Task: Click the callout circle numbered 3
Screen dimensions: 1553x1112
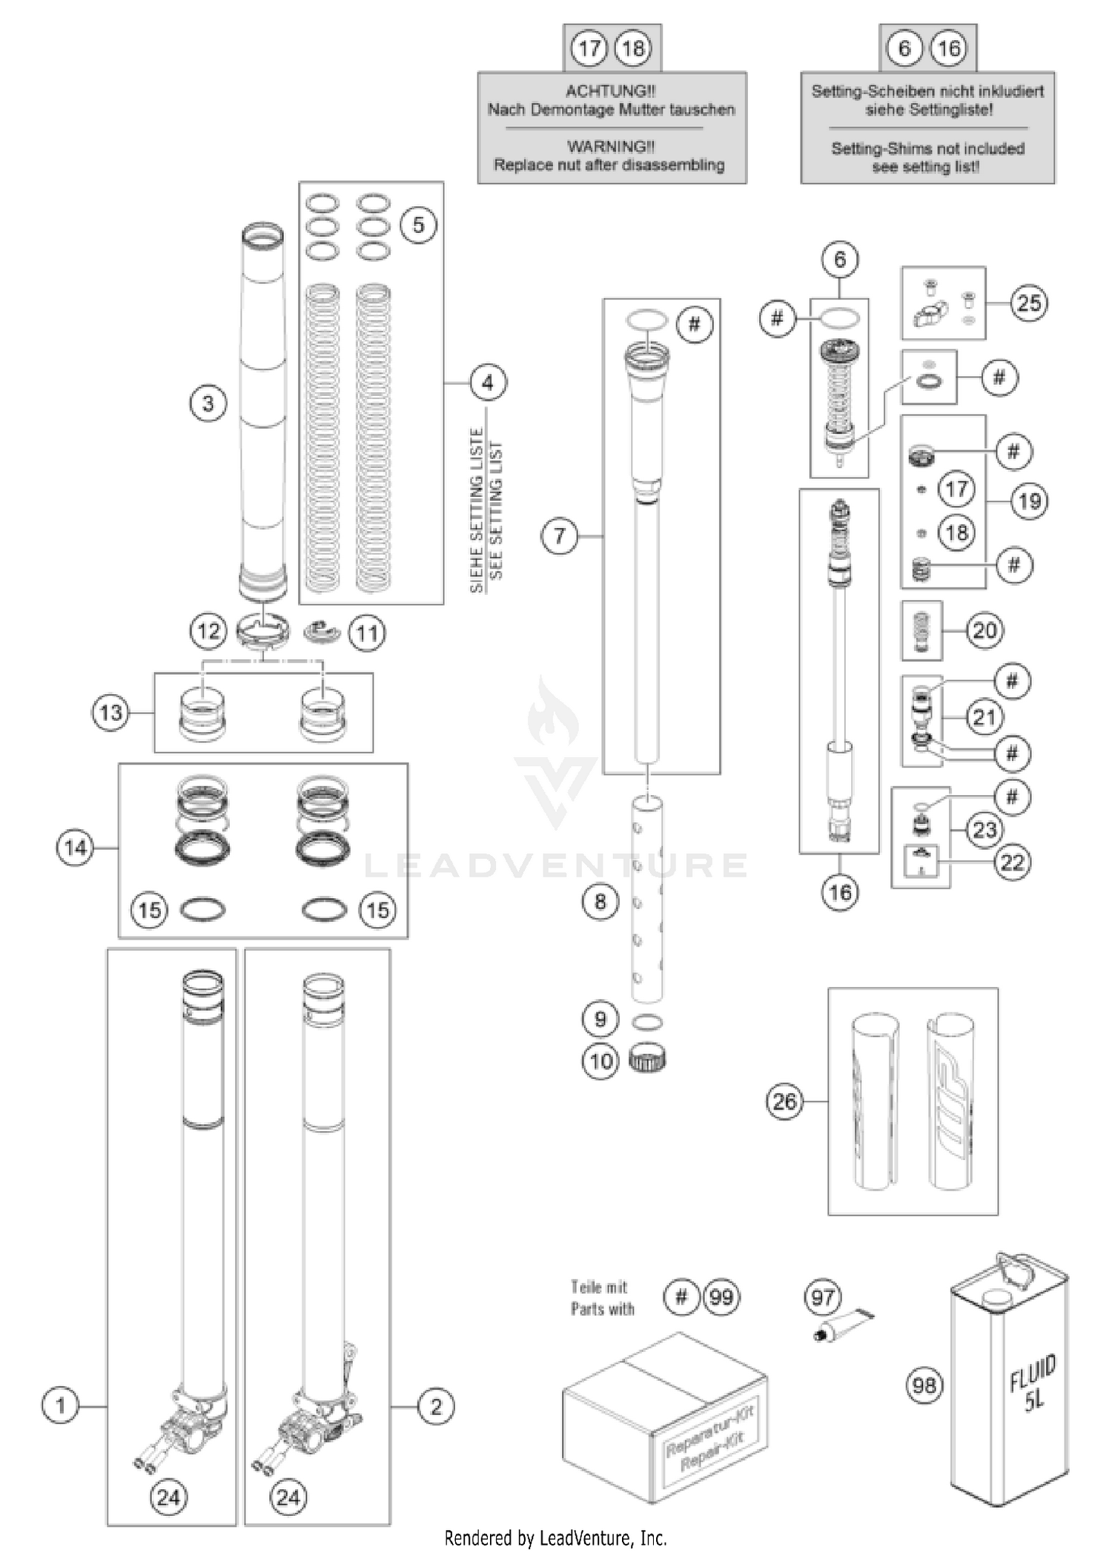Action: click(x=208, y=403)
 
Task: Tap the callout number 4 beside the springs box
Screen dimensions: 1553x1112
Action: click(x=487, y=383)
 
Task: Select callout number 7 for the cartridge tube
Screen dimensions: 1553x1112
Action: click(x=560, y=535)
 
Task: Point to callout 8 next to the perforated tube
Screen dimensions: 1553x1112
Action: click(x=600, y=902)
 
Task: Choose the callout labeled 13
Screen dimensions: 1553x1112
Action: click(x=110, y=713)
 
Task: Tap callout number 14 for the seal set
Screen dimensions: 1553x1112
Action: click(x=76, y=848)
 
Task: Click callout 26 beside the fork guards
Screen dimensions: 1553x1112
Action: click(x=784, y=1101)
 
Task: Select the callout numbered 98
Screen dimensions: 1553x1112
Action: click(x=924, y=1385)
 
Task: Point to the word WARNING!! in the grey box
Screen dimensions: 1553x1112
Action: click(x=611, y=146)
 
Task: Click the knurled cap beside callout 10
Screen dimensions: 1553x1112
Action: click(x=647, y=1059)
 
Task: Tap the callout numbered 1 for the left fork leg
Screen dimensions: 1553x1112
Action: click(x=60, y=1405)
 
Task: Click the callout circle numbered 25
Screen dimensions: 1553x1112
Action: click(x=1028, y=303)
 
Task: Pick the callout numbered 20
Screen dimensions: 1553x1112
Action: click(x=984, y=630)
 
